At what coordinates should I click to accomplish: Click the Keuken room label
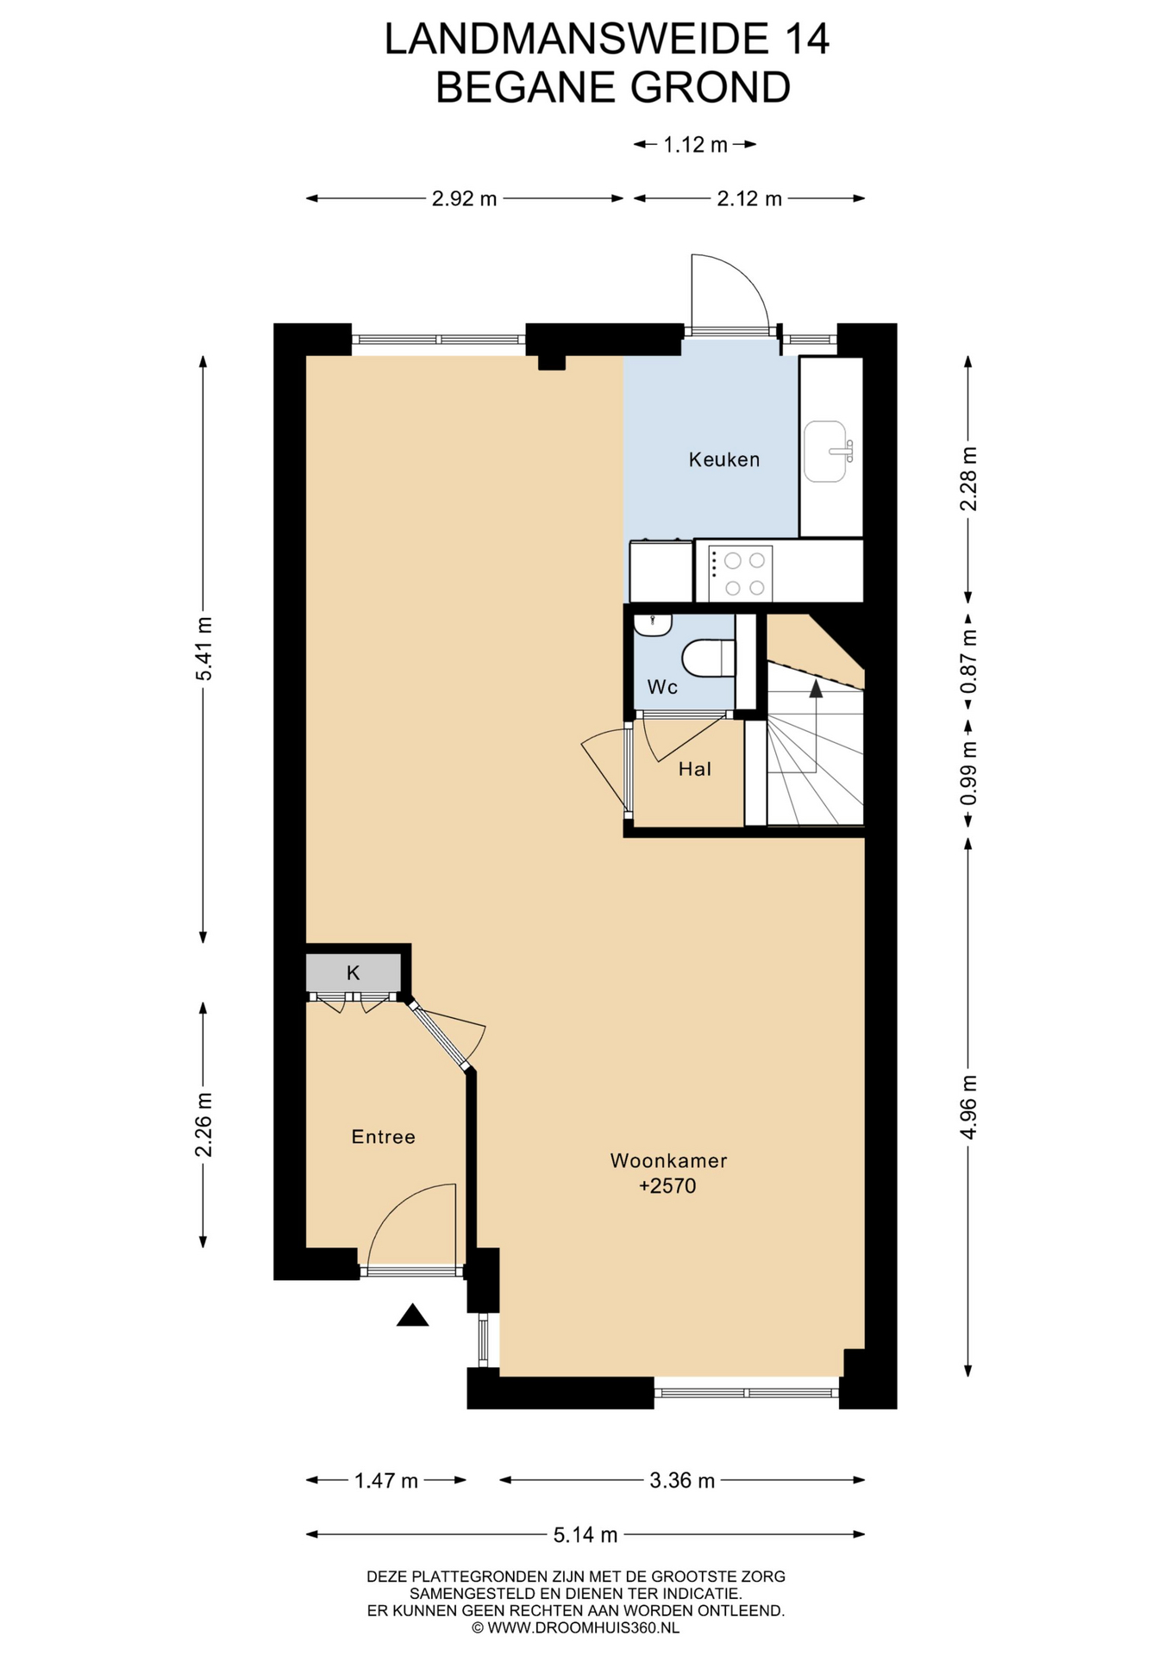coord(723,459)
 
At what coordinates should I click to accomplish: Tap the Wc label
coord(662,687)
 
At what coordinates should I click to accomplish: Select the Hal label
coord(694,769)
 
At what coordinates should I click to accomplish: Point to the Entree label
coord(383,1137)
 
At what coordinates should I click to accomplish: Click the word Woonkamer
coord(668,1160)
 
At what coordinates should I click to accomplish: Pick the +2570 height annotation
coord(667,1186)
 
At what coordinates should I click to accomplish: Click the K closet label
coord(353,973)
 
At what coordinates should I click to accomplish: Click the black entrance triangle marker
coord(413,1315)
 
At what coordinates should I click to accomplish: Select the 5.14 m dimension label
coord(585,1535)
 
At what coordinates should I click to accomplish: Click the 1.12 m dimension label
coord(695,145)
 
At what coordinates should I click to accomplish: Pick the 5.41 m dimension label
coord(204,649)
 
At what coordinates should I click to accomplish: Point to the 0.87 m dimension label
coord(968,662)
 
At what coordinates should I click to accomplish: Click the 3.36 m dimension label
coord(682,1481)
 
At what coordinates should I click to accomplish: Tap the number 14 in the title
coord(807,40)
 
